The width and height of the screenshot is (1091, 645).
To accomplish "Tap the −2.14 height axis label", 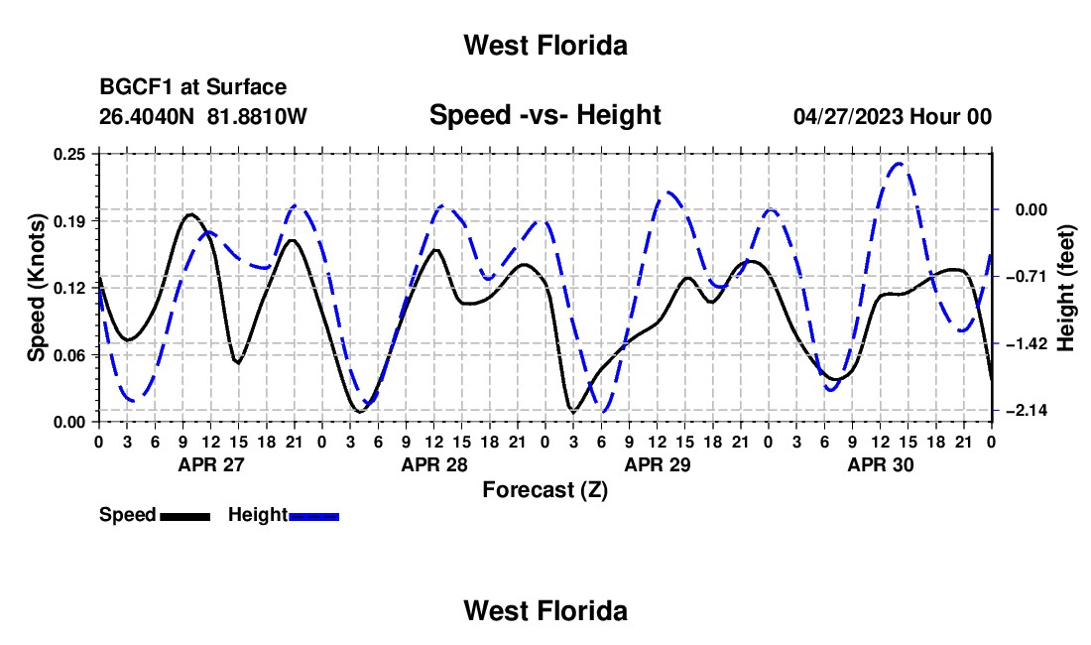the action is [1027, 411].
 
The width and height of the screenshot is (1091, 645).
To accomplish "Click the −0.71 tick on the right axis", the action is [1027, 277].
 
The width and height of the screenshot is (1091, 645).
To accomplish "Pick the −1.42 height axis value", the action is [1027, 343].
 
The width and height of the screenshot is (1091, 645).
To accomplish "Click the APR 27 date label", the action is [211, 464].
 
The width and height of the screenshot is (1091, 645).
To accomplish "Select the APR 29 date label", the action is [657, 464].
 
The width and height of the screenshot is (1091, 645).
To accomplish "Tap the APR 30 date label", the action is [880, 464].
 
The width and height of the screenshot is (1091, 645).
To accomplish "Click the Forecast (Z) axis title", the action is [545, 490].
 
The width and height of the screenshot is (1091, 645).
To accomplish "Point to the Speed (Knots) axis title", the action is [36, 288].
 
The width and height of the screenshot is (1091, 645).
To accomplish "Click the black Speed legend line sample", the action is [185, 516].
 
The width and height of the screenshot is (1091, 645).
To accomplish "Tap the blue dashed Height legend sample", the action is [313, 516].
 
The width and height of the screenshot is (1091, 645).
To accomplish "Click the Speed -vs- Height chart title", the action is [545, 115].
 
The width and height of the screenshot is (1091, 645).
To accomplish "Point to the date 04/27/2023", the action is [848, 116].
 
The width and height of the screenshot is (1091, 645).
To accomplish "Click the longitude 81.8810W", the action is [257, 116].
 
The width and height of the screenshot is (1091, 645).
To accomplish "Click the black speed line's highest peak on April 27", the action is [190, 214].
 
